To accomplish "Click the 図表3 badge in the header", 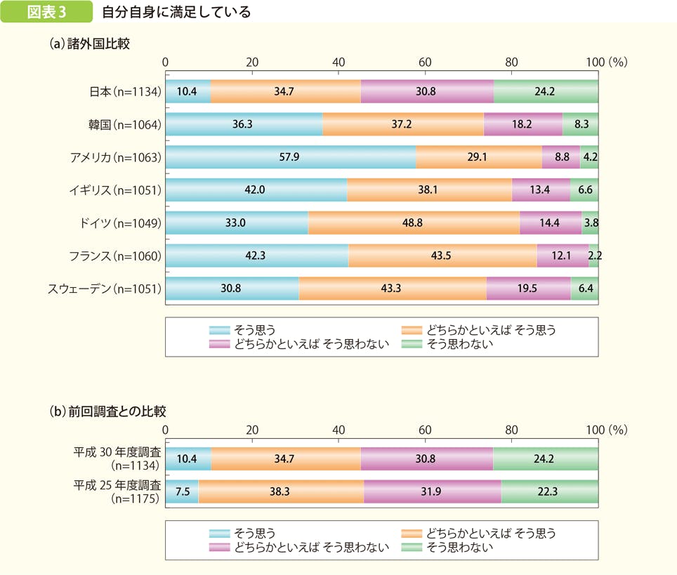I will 46,12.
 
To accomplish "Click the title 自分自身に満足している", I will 176,12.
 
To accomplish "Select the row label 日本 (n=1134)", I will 126,91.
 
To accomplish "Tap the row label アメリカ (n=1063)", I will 116,157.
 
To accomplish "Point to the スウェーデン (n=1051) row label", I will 105,289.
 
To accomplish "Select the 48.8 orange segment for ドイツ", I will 414,223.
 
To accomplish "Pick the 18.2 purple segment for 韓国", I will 523,124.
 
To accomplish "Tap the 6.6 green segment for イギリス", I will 584,190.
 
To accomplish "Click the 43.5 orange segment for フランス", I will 442,256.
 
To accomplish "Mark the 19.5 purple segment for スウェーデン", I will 528,289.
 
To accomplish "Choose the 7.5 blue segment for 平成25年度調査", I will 182,492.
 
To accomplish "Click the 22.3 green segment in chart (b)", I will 550,492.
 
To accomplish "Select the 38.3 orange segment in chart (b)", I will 281,492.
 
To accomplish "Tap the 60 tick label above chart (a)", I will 425,62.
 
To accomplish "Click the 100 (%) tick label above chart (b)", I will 606,429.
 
